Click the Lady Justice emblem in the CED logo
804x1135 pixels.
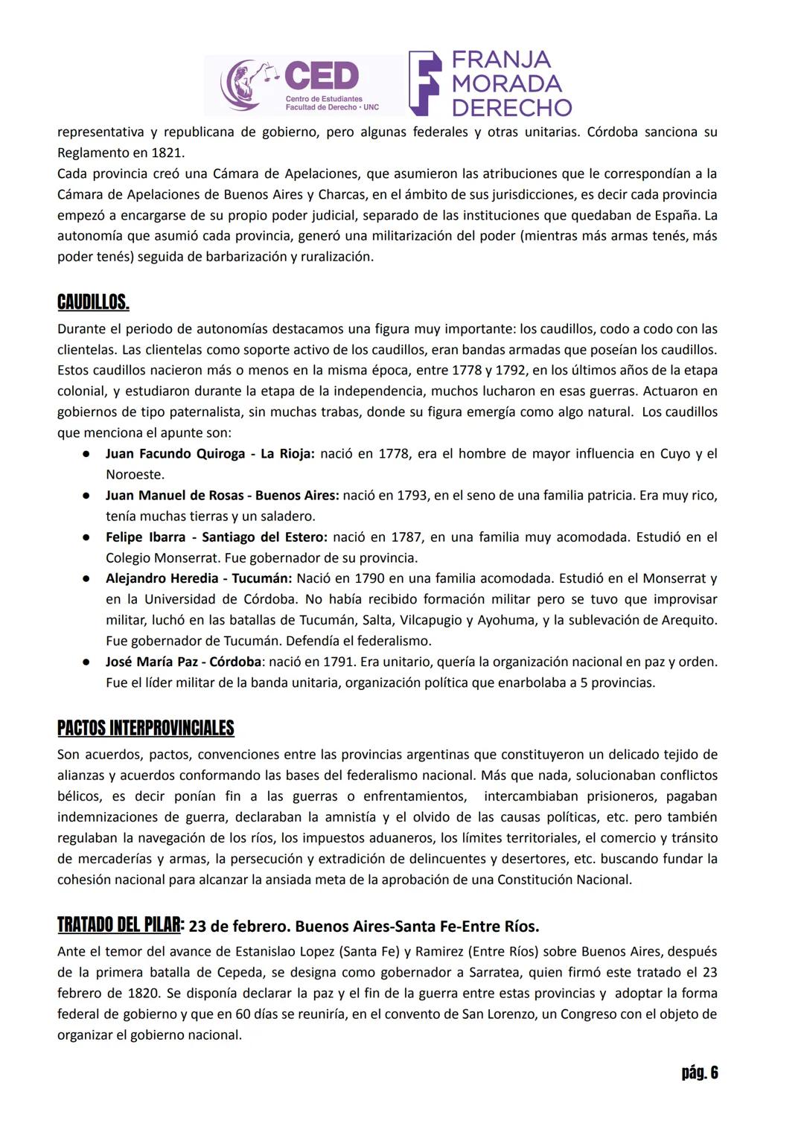tap(246, 86)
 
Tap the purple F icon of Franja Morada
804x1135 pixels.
tap(424, 83)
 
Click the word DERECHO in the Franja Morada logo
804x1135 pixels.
tap(511, 108)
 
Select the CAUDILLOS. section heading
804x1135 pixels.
tap(93, 302)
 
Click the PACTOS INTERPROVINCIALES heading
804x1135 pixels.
tap(146, 728)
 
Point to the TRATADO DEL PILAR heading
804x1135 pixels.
tap(119, 925)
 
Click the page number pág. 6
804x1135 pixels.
tap(699, 1072)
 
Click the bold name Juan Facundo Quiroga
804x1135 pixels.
tap(175, 453)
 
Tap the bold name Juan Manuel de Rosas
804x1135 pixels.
tap(173, 495)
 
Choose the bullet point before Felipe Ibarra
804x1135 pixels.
tap(87, 537)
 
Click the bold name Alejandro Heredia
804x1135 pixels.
tap(162, 578)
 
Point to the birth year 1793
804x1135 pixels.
tap(413, 495)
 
